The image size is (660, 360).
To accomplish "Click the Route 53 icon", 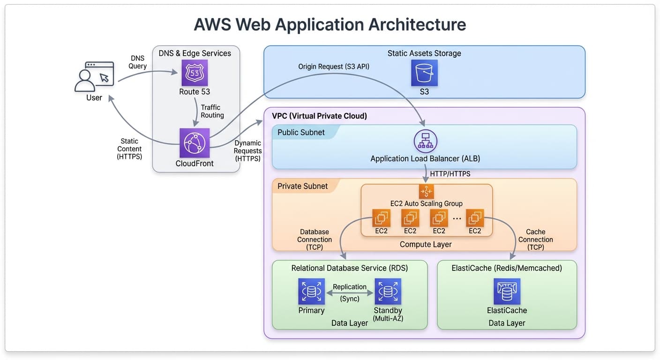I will (x=195, y=73).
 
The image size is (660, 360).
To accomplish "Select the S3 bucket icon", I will (x=424, y=73).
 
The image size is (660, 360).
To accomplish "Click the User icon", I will (x=94, y=77).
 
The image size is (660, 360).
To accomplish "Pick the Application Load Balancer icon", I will (x=425, y=141).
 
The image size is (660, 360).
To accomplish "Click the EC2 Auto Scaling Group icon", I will (x=426, y=191).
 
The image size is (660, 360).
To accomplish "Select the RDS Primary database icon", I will (x=311, y=292).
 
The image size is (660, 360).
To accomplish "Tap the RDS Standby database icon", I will (x=388, y=292).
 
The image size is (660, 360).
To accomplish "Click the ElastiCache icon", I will (x=507, y=292).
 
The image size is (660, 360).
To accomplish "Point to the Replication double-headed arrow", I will (x=350, y=293).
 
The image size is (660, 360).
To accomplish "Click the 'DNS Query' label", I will (x=138, y=62).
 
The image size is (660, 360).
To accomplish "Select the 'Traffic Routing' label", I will (x=212, y=111).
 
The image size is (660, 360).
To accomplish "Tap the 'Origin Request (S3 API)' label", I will (x=334, y=67).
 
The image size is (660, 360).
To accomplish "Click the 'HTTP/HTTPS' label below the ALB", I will (x=450, y=174).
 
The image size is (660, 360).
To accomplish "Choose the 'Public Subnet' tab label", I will (x=301, y=132).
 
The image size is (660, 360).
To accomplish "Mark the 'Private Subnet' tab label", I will (x=302, y=186).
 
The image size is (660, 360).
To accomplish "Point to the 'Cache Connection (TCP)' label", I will (x=535, y=239).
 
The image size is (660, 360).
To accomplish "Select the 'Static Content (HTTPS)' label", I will (x=129, y=149).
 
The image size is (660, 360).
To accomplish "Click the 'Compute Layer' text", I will (x=426, y=244).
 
